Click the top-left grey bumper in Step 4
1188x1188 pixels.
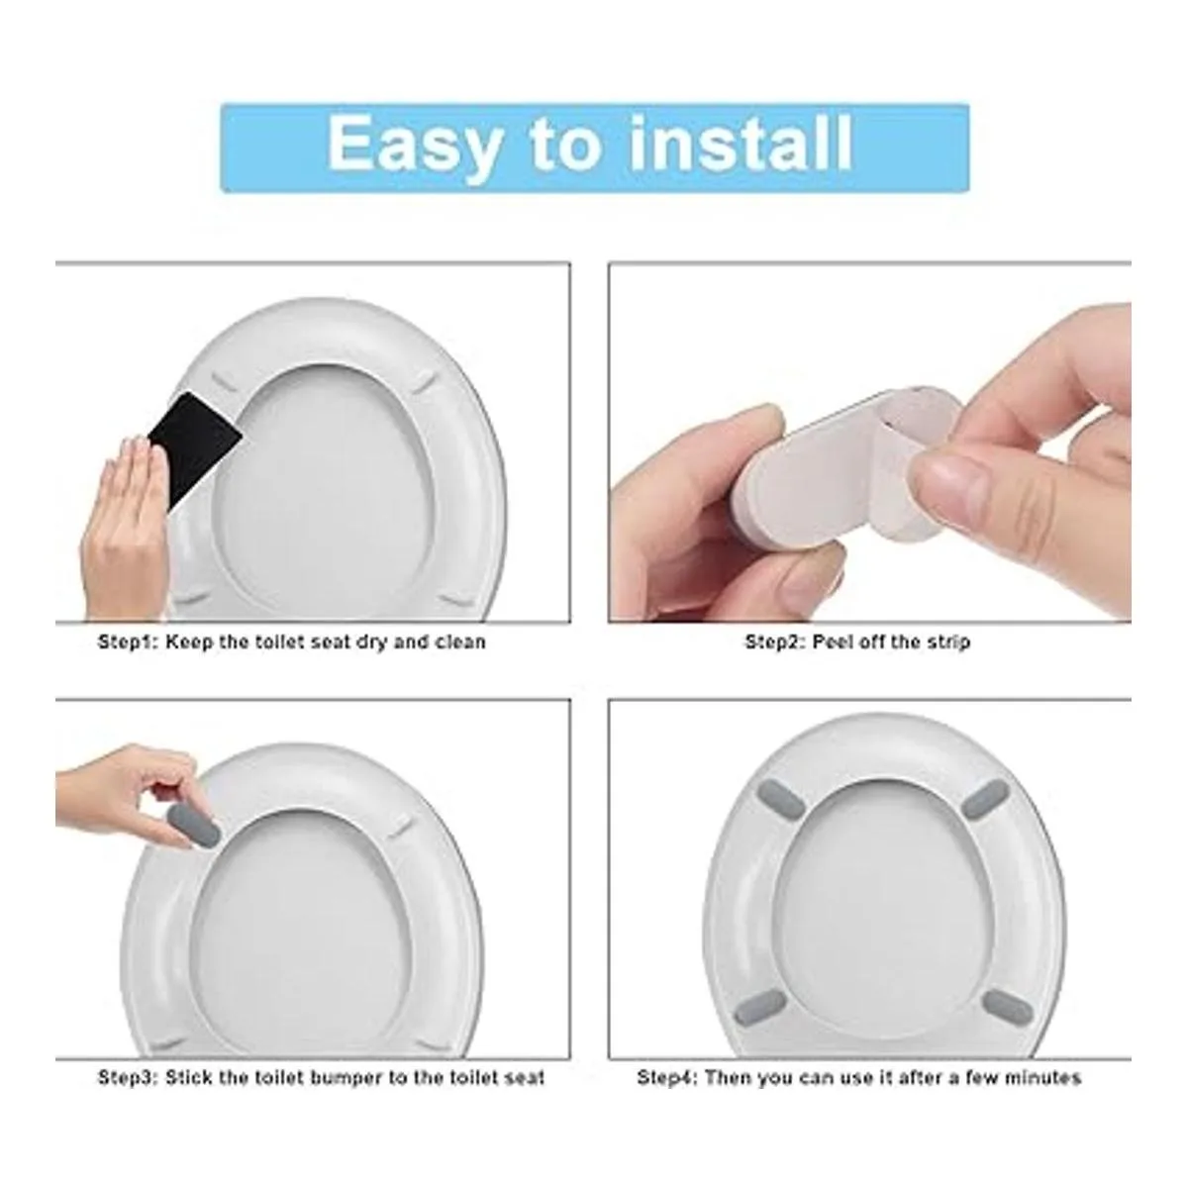click(782, 798)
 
